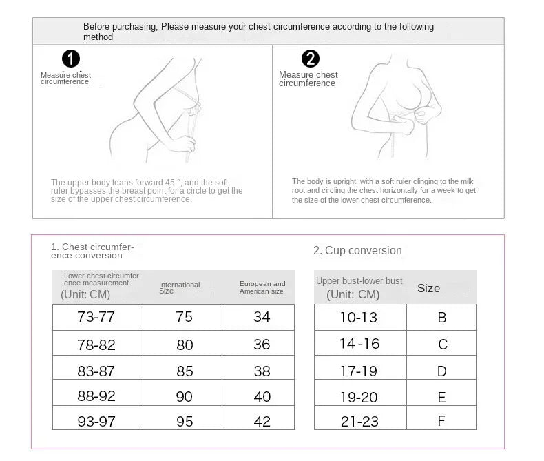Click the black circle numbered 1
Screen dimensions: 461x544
coord(71,59)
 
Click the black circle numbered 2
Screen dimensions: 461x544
coord(311,58)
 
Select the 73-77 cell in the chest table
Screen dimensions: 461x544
coord(96,318)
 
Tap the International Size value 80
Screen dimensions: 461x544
coord(185,345)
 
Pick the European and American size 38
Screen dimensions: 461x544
coord(262,371)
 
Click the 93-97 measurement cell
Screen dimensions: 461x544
coord(96,420)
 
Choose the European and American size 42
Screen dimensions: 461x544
coord(262,420)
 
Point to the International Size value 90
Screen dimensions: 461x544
coord(185,396)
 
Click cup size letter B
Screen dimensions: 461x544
coord(442,318)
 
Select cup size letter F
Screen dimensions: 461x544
coord(442,420)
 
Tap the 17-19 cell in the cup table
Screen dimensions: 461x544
coord(359,371)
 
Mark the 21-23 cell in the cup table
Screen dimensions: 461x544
coord(359,420)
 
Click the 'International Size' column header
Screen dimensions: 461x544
coord(180,288)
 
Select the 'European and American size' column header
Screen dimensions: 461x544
coord(262,287)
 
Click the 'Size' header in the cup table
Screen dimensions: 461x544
coord(428,288)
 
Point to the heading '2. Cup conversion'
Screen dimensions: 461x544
coord(357,250)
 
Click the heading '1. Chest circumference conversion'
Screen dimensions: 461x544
coord(92,251)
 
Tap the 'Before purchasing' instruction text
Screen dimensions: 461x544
coord(258,31)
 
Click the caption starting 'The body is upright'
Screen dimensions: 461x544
coord(384,190)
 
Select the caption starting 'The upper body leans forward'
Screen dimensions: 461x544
coord(147,191)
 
